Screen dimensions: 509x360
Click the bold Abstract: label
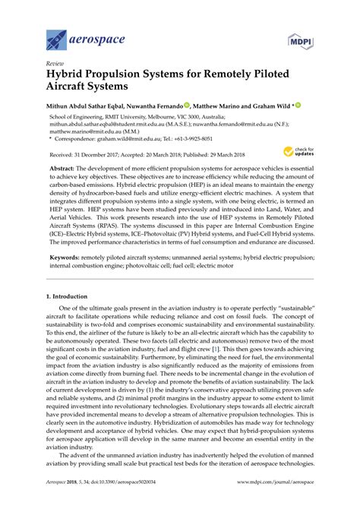coord(66,166)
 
